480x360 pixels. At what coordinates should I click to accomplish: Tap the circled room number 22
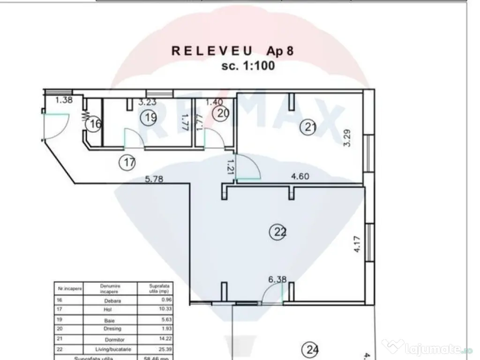click(x=279, y=232)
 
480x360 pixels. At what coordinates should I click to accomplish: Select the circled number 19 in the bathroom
click(x=150, y=118)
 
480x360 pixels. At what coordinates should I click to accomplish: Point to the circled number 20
click(x=221, y=113)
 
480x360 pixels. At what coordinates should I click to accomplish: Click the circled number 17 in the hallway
click(x=129, y=163)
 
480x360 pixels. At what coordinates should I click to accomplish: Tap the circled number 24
click(x=310, y=349)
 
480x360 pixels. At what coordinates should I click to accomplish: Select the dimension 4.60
click(x=300, y=177)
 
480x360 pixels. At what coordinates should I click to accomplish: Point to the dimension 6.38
click(x=277, y=280)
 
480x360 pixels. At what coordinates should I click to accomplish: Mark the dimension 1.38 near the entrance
click(x=64, y=100)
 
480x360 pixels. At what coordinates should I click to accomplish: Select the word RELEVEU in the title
click(x=212, y=51)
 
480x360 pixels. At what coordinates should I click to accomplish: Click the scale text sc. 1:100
click(x=248, y=66)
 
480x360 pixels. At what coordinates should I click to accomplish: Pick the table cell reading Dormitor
click(x=110, y=339)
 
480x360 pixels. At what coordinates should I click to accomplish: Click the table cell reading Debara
click(x=110, y=301)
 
